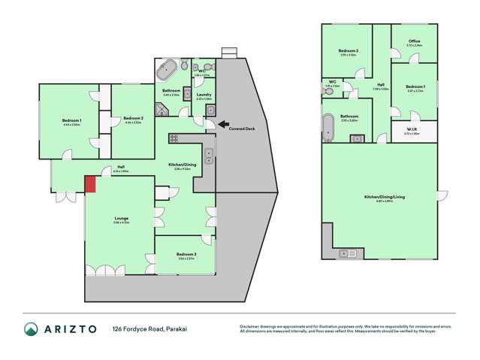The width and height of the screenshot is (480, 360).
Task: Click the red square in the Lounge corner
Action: [90, 184]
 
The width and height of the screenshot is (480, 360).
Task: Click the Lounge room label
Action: [121, 219]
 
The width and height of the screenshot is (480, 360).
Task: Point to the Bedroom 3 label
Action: [186, 255]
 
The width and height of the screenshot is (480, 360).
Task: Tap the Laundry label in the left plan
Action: [204, 95]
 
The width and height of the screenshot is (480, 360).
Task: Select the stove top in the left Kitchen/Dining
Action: [174, 138]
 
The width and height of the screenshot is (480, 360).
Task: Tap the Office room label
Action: [414, 41]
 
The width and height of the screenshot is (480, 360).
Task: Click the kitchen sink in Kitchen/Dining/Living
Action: [348, 253]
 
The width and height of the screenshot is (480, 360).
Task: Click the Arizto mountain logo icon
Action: [32, 329]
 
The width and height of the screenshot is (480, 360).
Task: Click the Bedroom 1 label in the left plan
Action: [72, 120]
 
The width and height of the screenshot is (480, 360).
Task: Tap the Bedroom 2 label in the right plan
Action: [349, 51]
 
